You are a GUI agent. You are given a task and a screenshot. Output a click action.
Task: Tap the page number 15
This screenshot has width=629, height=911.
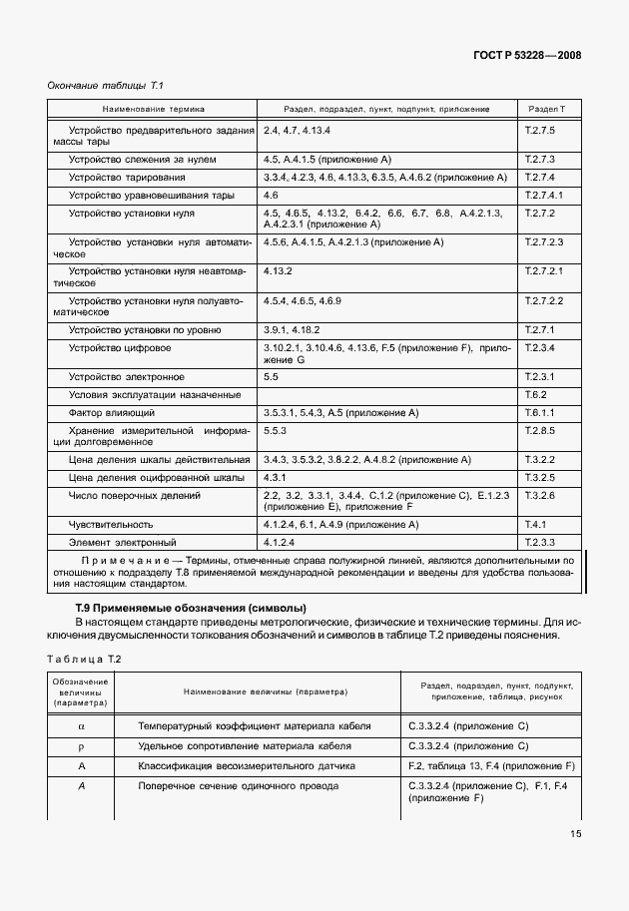pyautogui.click(x=575, y=834)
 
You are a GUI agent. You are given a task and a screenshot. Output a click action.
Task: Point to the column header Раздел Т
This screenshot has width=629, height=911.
pyautogui.click(x=546, y=108)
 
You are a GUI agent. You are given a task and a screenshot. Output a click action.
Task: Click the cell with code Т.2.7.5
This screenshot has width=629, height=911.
pyautogui.click(x=539, y=131)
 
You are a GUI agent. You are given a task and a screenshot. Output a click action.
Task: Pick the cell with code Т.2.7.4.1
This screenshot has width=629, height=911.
pyautogui.click(x=544, y=196)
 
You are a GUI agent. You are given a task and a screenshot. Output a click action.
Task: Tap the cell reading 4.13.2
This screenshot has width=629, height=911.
pyautogui.click(x=279, y=270)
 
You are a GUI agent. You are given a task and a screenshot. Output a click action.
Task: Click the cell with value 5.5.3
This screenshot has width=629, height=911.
pyautogui.click(x=276, y=431)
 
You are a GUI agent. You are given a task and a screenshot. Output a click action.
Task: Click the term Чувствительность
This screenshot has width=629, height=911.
pyautogui.click(x=110, y=524)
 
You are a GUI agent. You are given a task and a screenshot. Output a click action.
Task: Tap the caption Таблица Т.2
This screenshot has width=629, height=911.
pyautogui.click(x=84, y=658)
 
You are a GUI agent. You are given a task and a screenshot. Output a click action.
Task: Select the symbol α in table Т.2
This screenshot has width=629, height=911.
pyautogui.click(x=81, y=726)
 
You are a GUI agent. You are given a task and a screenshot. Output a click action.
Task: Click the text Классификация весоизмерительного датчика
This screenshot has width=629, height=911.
pyautogui.click(x=254, y=765)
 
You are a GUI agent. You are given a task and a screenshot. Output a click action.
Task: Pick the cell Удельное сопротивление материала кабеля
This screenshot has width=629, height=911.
pyautogui.click(x=255, y=746)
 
